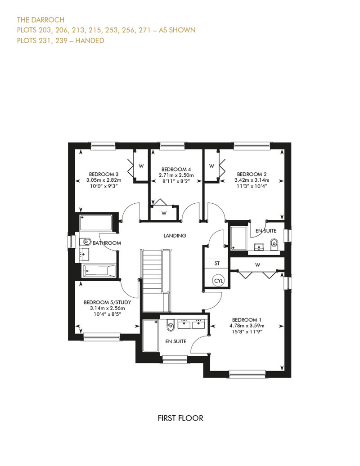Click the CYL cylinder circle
(219, 281)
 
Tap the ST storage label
(217, 263)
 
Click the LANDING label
(175, 236)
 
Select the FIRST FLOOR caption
(180, 418)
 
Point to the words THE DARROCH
(41, 20)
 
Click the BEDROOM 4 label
(176, 170)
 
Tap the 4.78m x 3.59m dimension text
(247, 326)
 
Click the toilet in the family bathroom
(85, 242)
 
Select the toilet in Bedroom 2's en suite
(274, 245)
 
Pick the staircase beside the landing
(156, 281)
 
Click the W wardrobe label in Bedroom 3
(141, 166)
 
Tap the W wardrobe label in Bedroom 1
(258, 265)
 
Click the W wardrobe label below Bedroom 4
(164, 213)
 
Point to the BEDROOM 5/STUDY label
(107, 302)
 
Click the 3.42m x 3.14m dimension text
(252, 180)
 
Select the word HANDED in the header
(90, 41)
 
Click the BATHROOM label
(107, 243)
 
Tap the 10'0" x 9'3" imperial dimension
(104, 186)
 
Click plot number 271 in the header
(144, 30)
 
